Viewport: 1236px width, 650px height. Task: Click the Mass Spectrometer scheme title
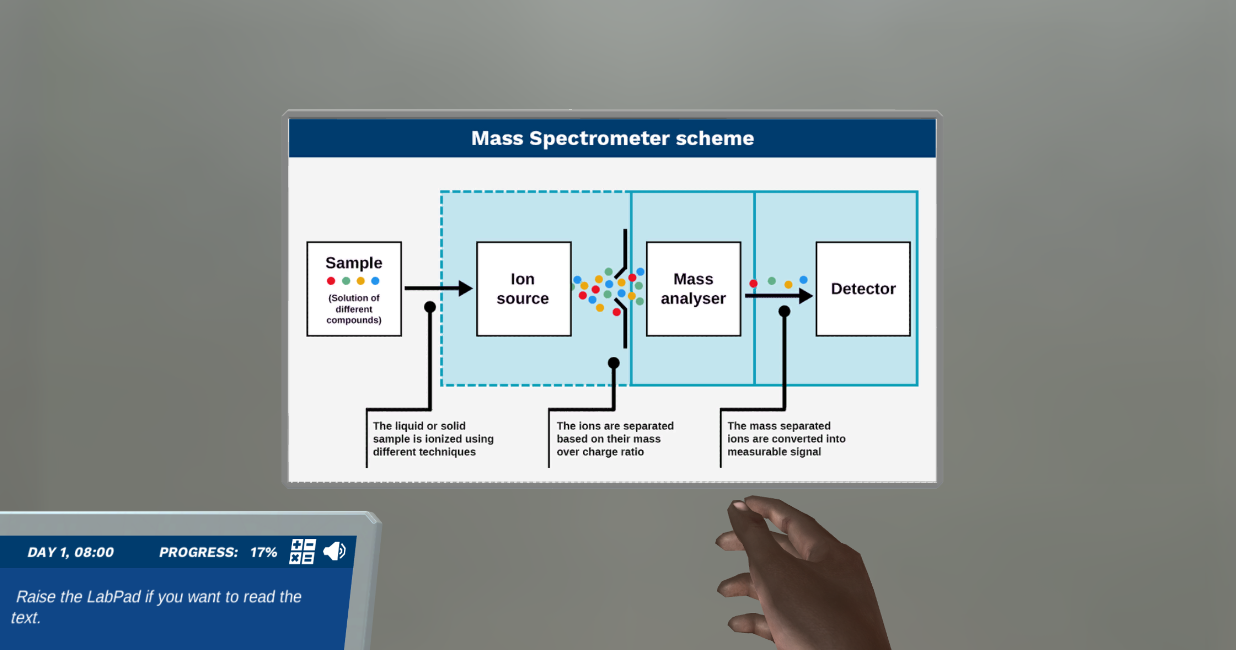(612, 138)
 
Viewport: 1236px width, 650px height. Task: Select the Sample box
(354, 288)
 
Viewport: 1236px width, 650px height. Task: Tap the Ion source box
(523, 288)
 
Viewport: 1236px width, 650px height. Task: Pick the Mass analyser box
(693, 288)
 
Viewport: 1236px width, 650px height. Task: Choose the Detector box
(862, 288)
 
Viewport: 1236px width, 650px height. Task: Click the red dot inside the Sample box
(331, 281)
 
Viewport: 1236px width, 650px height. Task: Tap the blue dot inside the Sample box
(375, 281)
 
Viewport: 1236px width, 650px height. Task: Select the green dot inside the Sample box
(346, 281)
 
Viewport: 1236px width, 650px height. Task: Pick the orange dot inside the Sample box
(360, 281)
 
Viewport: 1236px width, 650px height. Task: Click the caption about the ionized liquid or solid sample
(432, 439)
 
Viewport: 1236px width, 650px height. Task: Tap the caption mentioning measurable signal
(786, 439)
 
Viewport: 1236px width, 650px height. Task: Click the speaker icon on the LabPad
(335, 551)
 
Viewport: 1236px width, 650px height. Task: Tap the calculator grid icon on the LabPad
(302, 551)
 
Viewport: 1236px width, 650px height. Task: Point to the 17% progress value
(263, 552)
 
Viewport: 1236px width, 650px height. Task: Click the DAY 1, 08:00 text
(71, 552)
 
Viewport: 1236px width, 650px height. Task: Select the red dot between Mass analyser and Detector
(753, 283)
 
